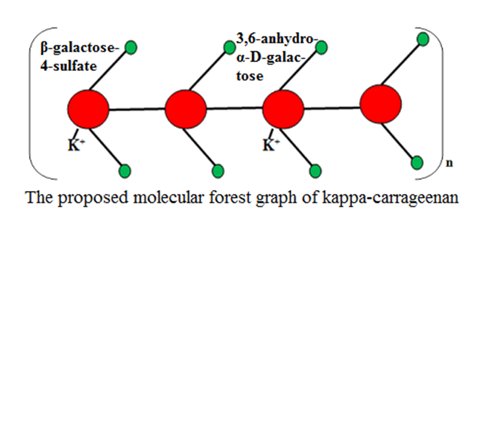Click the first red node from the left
tap(88, 109)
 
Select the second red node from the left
tap(186, 109)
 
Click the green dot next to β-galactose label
tap(131, 47)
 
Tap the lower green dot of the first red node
tap(125, 170)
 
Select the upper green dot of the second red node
tap(229, 47)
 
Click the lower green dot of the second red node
tap(217, 170)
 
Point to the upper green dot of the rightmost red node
tap(422, 39)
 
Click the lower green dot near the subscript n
tap(417, 163)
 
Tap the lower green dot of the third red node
tap(315, 171)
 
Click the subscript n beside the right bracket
tap(449, 163)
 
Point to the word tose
tap(249, 76)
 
